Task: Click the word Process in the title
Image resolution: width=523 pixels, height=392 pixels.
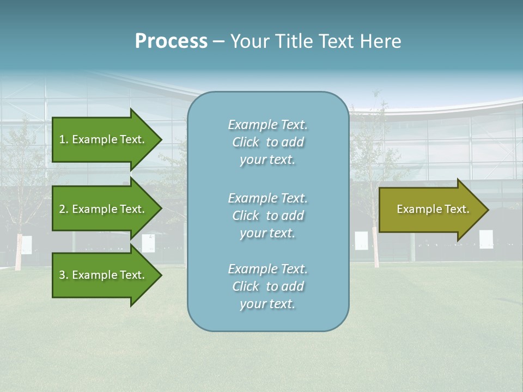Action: [171, 41]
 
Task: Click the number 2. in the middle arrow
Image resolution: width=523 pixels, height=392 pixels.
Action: [63, 209]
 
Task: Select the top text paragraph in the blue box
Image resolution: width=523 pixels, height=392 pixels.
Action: [267, 142]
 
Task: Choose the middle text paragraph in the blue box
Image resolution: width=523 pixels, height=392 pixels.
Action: [267, 216]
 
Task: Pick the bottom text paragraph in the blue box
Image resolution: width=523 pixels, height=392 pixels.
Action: [267, 286]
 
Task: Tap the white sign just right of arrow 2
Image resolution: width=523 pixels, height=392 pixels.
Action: [148, 243]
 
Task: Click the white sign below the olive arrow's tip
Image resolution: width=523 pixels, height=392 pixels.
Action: [486, 239]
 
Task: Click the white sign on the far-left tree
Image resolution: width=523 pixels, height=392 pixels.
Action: [26, 244]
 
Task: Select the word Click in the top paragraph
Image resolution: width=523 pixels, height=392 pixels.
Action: [246, 142]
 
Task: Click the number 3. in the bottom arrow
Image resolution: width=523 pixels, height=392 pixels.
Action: [63, 275]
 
